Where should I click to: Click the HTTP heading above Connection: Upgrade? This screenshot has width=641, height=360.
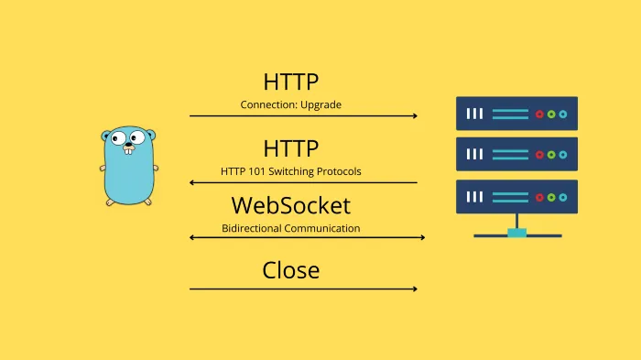tap(290, 82)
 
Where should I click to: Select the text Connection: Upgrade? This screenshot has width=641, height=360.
tap(290, 104)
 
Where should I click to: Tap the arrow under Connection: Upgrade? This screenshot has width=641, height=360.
tap(303, 116)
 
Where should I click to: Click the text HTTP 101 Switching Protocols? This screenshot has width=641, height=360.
tap(290, 170)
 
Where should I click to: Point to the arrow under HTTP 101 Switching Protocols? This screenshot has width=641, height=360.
tap(303, 182)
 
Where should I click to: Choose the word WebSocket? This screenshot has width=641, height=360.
tap(290, 204)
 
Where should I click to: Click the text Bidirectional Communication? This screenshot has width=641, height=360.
tap(290, 227)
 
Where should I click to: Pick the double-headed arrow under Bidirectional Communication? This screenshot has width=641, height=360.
tap(307, 238)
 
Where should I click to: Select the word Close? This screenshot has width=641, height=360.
tap(290, 270)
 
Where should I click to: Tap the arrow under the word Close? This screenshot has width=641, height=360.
tap(303, 289)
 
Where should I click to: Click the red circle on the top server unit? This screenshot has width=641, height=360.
tap(539, 115)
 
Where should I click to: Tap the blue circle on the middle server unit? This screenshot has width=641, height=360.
tap(562, 155)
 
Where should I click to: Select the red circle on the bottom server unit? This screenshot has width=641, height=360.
tap(539, 197)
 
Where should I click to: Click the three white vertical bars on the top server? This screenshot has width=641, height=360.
tap(474, 115)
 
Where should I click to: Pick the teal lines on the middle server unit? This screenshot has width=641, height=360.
tap(510, 155)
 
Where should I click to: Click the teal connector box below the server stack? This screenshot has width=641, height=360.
tap(516, 233)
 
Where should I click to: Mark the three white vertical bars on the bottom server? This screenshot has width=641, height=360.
tap(474, 197)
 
